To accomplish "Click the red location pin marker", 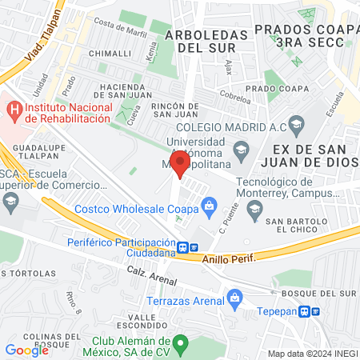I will tap(181, 165).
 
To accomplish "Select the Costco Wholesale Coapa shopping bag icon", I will tap(209, 209).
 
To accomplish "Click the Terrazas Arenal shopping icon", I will tap(234, 301).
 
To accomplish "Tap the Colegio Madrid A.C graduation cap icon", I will tap(297, 124).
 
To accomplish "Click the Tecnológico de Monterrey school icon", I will tap(254, 210).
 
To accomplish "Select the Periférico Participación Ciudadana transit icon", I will tap(185, 247).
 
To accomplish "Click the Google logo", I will tap(27, 350).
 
